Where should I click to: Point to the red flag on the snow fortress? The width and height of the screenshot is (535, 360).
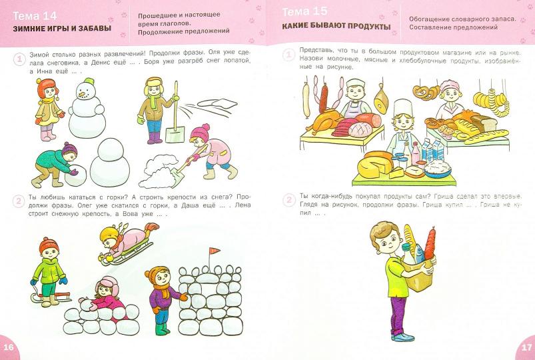215,251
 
